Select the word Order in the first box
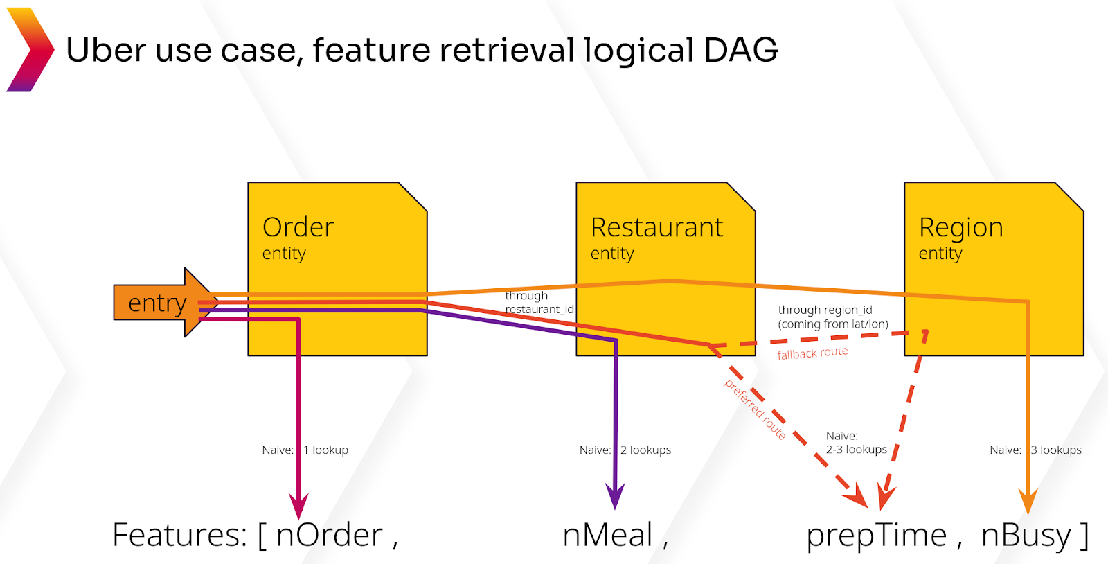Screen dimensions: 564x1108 pos(298,227)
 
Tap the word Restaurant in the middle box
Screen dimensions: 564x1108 pos(656,227)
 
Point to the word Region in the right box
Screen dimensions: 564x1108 pos(960,228)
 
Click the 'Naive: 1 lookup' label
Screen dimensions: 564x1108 pos(305,450)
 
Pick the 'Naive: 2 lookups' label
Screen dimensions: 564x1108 pos(625,450)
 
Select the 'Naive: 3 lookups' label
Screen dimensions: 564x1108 pos(1035,450)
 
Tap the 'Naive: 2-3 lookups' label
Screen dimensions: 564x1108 pos(856,443)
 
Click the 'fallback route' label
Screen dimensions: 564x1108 pos(812,353)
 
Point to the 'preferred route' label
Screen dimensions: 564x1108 pos(755,409)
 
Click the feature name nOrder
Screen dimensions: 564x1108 pos(329,536)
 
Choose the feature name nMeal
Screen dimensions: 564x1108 pos(607,536)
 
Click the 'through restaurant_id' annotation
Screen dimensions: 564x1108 pos(539,303)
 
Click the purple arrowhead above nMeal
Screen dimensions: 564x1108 pos(615,497)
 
